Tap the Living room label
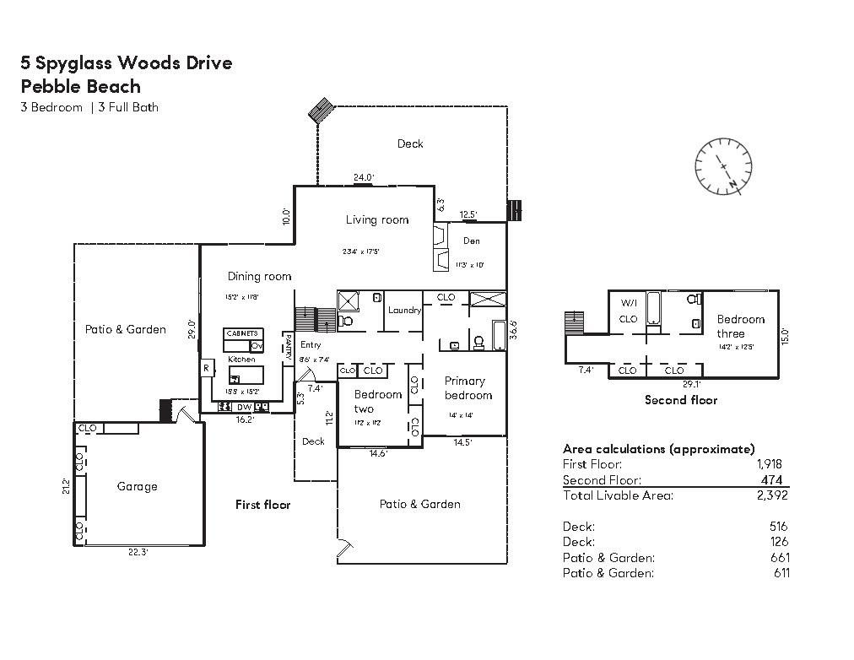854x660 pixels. (376, 220)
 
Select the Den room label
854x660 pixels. (471, 241)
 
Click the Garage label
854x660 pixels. (137, 486)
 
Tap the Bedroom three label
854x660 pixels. (740, 326)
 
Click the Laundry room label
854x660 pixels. (404, 310)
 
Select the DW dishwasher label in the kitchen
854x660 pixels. (244, 407)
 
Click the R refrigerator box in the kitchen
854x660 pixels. (206, 369)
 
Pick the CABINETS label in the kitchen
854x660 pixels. (242, 334)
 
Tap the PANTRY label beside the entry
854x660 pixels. (288, 349)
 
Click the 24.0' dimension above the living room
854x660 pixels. (364, 177)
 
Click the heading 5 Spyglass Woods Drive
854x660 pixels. (127, 62)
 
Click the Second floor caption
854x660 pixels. (680, 399)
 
